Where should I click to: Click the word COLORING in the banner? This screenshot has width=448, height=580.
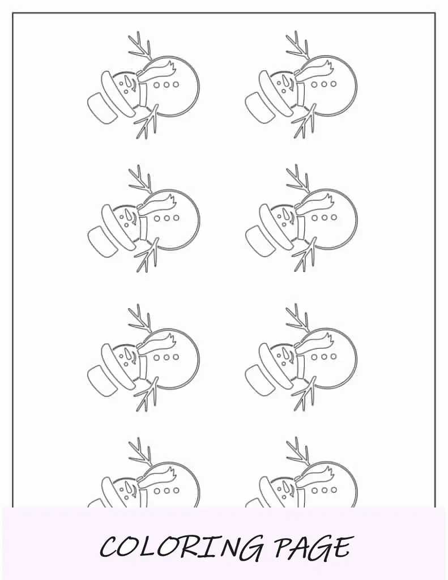[x=182, y=548]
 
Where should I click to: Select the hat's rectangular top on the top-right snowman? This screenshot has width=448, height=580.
[x=260, y=107]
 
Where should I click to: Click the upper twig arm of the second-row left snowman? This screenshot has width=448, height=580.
[x=140, y=181]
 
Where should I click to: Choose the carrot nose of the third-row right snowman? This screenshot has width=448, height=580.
[x=285, y=354]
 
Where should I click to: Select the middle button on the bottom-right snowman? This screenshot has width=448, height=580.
[x=324, y=490]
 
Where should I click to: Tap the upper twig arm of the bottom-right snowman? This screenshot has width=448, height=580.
[x=298, y=453]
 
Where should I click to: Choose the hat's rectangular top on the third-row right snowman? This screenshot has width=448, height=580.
[x=260, y=380]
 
